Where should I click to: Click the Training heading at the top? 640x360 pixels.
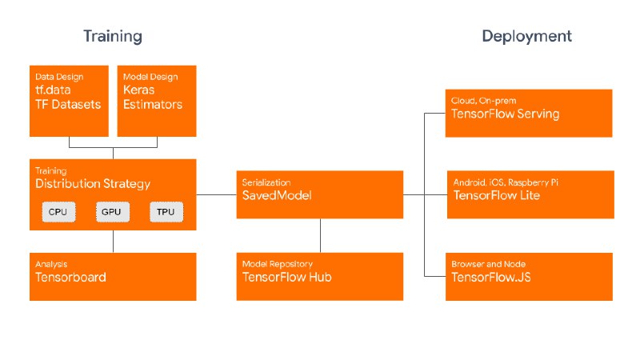coord(113,36)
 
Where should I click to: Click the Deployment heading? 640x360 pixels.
coord(527,36)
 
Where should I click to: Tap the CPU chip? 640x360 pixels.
coord(58,212)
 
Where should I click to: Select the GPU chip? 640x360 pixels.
coord(113,212)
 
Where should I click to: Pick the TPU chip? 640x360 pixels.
coord(166,212)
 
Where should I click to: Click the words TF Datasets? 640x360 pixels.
coord(68,105)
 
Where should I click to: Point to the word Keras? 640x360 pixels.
coord(138,90)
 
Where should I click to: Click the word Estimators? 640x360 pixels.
coord(153,105)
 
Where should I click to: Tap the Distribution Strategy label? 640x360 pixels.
coord(93,184)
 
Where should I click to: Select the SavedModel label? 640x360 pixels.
coord(277,195)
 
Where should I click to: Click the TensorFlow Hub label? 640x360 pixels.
coord(287,277)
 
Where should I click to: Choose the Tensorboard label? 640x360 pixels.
coord(70,277)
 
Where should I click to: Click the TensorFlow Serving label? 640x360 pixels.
coord(506,114)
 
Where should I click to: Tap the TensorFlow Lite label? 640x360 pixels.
coord(497,195)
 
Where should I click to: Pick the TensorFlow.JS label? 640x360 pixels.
coord(491,277)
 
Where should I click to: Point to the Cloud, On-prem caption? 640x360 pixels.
coord(484,101)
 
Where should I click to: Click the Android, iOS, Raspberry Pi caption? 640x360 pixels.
coord(506,182)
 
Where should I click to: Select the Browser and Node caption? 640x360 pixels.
coord(489,264)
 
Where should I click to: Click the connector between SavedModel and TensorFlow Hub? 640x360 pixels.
coord(321,235)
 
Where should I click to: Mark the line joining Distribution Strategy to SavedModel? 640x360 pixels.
coord(216,194)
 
